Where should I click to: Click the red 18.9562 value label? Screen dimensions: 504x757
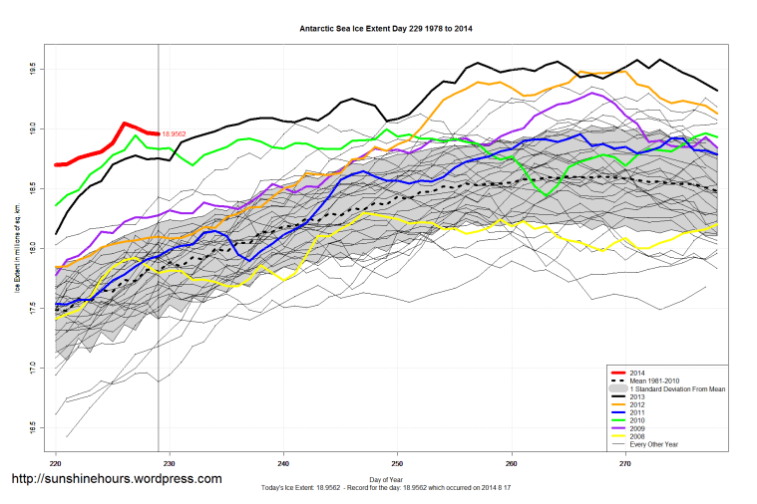pos(176,133)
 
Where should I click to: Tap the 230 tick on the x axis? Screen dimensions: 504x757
pos(170,463)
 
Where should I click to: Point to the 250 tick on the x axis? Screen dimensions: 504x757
pos(397,463)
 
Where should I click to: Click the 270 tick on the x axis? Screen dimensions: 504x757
pos(625,463)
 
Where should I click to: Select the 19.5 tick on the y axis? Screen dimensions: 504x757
pos(33,70)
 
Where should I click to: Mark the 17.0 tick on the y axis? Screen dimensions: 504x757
pos(33,367)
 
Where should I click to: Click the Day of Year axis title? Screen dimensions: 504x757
pos(386,480)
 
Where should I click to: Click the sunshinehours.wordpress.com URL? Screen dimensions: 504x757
pos(116,479)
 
